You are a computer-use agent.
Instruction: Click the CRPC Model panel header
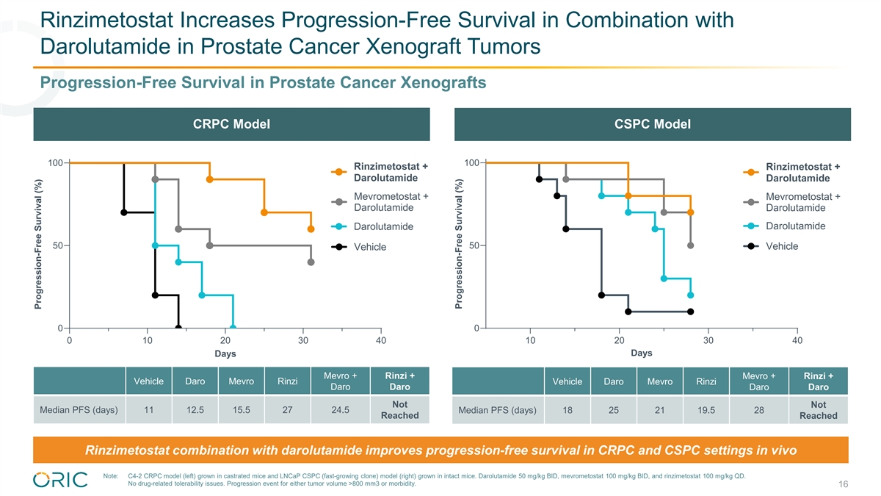(231, 124)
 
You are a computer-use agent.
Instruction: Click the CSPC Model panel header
(652, 124)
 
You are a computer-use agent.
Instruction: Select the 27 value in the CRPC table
(287, 410)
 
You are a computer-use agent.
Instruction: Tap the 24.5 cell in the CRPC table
(340, 410)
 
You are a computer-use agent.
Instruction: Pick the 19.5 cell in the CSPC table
(706, 410)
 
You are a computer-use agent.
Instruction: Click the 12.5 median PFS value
(195, 410)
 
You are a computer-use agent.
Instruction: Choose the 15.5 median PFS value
(241, 410)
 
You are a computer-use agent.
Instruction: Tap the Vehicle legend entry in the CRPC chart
(369, 247)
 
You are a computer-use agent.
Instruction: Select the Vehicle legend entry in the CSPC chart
(781, 246)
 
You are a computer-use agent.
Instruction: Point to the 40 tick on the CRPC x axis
(380, 340)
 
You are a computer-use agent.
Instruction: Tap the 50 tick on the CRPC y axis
(58, 245)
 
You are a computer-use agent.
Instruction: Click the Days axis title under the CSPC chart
(641, 353)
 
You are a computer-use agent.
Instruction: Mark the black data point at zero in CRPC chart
(178, 328)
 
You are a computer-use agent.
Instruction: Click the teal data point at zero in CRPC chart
(233, 328)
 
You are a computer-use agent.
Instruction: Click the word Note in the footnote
(112, 476)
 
